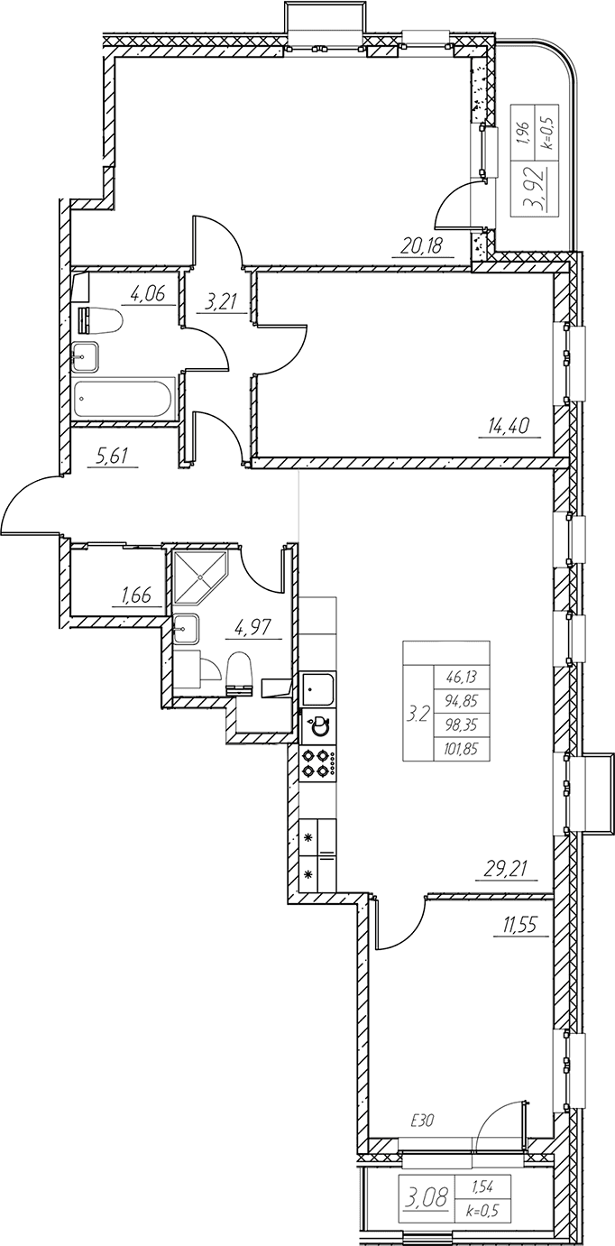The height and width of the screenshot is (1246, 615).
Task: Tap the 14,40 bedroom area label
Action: pos(509,427)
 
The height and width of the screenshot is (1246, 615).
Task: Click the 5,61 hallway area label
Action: pos(113,457)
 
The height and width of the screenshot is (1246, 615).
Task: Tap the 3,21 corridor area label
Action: pos(222,303)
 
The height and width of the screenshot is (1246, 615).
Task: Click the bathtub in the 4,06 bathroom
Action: pos(125,398)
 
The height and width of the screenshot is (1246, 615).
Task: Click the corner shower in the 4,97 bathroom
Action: pos(200,578)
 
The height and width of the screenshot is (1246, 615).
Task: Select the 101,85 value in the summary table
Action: pos(461,749)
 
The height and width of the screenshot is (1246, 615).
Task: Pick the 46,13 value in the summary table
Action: pos(461,678)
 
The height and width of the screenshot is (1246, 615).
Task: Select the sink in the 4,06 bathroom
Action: pos(86,356)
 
